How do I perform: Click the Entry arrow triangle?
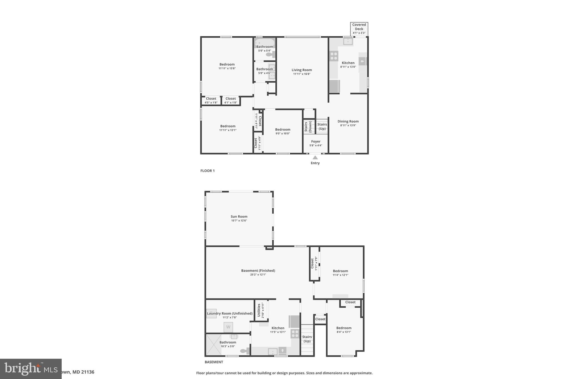pyautogui.click(x=315, y=157)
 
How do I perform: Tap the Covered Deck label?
pyautogui.click(x=359, y=27)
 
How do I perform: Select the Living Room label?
pyautogui.click(x=302, y=70)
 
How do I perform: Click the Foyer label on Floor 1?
pyautogui.click(x=316, y=142)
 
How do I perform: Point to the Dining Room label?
pyautogui.click(x=348, y=121)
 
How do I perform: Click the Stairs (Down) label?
pyautogui.click(x=308, y=127)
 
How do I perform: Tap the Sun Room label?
pyautogui.click(x=239, y=217)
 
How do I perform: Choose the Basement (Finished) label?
pyautogui.click(x=258, y=271)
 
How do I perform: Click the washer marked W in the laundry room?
pyautogui.click(x=228, y=327)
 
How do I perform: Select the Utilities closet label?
pyautogui.click(x=259, y=310)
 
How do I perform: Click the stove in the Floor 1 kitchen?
pyautogui.click(x=334, y=56)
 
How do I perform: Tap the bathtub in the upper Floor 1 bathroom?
pyautogui.click(x=264, y=43)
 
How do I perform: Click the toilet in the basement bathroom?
pyautogui.click(x=244, y=351)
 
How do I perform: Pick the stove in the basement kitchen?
pyautogui.click(x=295, y=333)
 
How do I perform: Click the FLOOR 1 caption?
pyautogui.click(x=208, y=171)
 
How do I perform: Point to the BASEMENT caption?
pyautogui.click(x=214, y=362)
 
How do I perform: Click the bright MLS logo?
pyautogui.click(x=31, y=368)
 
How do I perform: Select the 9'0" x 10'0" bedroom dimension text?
pyautogui.click(x=283, y=134)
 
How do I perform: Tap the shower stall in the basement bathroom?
pyautogui.click(x=214, y=345)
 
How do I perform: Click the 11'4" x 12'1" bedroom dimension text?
pyautogui.click(x=340, y=275)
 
